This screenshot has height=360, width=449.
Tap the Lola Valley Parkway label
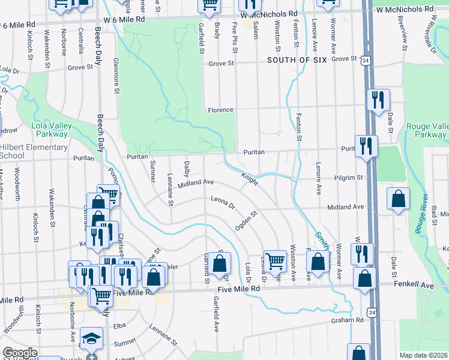tap(52, 130)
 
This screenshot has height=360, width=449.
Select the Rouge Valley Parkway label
tap(426, 130)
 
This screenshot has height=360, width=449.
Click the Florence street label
tap(220, 110)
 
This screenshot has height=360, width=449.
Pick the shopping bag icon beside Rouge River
tap(397, 199)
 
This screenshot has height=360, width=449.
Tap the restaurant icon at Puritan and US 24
tap(366, 146)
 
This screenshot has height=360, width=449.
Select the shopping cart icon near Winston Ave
tap(274, 260)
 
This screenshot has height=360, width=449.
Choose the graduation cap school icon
tap(91, 339)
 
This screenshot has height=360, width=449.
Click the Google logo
tap(20, 353)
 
